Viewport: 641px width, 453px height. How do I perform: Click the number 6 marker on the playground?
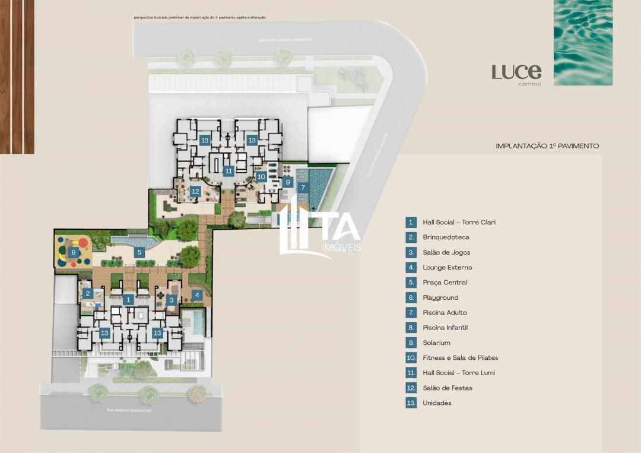coord(73,252)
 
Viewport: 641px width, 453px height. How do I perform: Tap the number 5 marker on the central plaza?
coord(139,252)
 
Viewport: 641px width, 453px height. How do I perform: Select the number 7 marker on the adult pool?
coord(303,188)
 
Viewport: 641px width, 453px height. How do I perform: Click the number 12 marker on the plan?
coord(195,191)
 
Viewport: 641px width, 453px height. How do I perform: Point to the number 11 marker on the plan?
coord(229,171)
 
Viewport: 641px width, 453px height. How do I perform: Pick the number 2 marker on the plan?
coord(87,293)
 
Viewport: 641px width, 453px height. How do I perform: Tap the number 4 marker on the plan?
coord(198,294)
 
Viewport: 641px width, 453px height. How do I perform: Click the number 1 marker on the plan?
coord(128,300)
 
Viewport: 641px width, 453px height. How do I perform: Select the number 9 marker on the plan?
coord(287,182)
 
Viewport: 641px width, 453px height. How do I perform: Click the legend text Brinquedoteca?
coord(446,237)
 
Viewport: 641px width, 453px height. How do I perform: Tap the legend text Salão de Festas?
coord(448,388)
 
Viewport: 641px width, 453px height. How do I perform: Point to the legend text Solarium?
coord(436,343)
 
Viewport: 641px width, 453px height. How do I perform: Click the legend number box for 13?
coord(411,403)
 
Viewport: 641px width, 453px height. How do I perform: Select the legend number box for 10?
coord(411,358)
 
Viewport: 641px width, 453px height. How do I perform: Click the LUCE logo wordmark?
coord(516,72)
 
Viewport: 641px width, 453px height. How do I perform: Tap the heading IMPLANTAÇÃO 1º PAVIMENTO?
coord(547,145)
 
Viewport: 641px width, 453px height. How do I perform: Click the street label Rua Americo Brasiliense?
coord(129,410)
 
